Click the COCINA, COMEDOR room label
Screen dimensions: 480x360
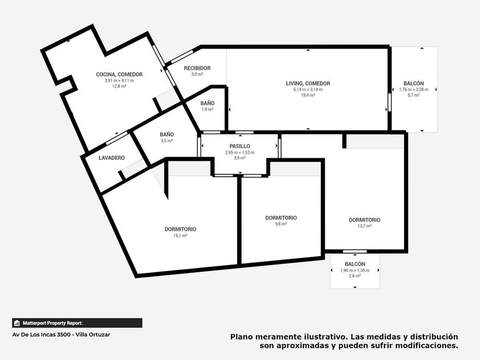click(x=119, y=74)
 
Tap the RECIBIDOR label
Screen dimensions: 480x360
click(x=197, y=68)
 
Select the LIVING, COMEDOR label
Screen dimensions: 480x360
click(x=308, y=83)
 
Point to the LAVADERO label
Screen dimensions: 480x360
click(x=112, y=158)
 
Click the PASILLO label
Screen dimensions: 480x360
click(x=239, y=146)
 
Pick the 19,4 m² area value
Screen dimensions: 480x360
click(x=308, y=95)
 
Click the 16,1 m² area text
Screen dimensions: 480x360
click(x=181, y=235)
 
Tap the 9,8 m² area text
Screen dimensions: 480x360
click(x=281, y=224)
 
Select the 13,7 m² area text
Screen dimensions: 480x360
click(x=365, y=226)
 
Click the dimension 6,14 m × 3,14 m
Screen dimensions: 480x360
click(x=308, y=90)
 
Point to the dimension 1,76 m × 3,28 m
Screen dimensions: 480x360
click(x=414, y=90)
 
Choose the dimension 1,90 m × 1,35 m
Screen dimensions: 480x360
click(x=355, y=271)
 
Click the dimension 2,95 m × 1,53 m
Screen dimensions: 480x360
click(x=239, y=153)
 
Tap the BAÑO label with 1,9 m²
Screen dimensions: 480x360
click(x=207, y=103)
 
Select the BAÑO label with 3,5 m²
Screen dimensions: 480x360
click(x=167, y=134)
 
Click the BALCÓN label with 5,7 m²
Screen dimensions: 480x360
click(x=414, y=83)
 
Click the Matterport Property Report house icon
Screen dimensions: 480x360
click(x=17, y=323)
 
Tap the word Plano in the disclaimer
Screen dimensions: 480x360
click(x=242, y=337)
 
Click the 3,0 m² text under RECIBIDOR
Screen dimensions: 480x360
click(x=197, y=74)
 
